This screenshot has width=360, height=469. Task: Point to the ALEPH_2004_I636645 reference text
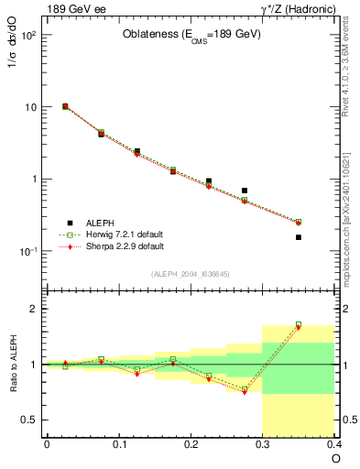tap(191, 273)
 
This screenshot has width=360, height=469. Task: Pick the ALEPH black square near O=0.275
tap(245, 191)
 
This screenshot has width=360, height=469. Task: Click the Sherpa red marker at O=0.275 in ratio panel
tap(245, 392)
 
